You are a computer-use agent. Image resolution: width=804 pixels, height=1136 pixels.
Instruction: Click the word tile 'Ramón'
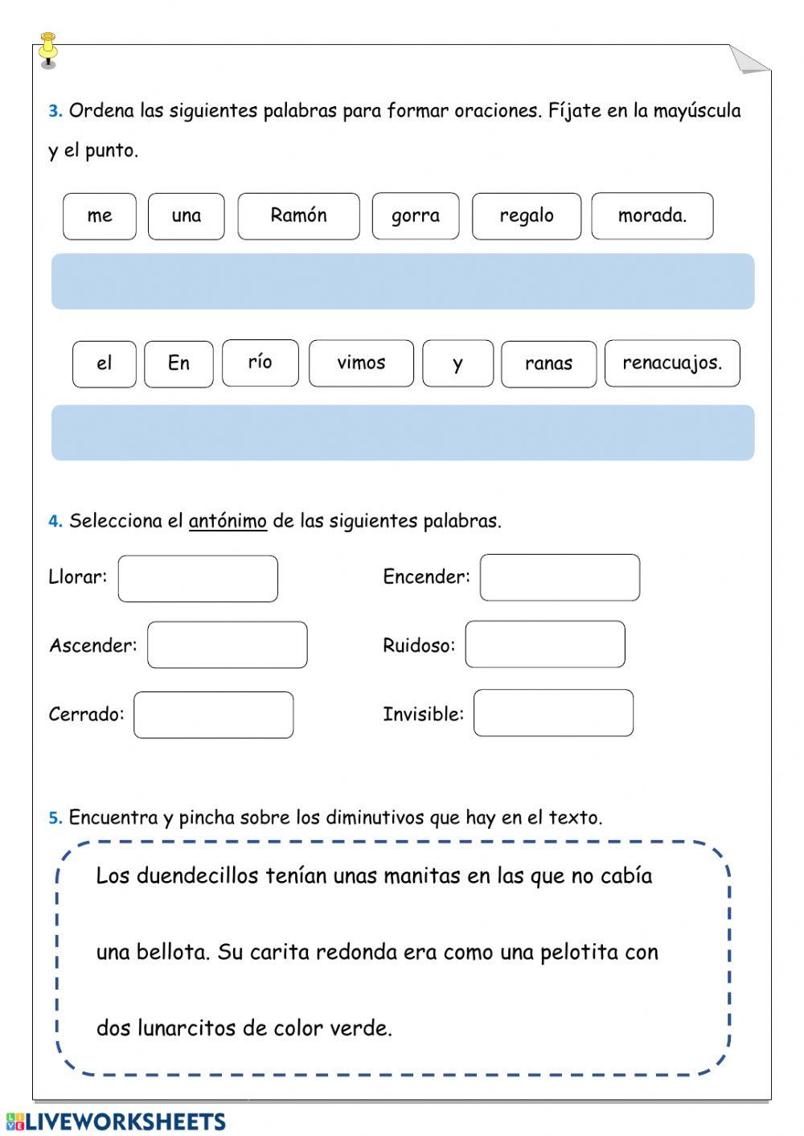pos(298,216)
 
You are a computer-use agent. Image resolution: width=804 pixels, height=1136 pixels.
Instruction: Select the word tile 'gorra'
pos(415,216)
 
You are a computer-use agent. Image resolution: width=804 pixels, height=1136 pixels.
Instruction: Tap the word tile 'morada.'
pos(652,216)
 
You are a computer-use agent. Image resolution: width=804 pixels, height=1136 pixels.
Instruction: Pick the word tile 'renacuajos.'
pos(672,363)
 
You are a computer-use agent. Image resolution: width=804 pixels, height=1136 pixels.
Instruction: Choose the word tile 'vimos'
pos(361,363)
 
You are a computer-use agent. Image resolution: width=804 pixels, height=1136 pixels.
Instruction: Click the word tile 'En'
pos(178,364)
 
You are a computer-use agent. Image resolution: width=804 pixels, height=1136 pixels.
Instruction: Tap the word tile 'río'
pos(260,363)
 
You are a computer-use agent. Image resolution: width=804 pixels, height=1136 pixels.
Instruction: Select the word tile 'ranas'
pos(548,364)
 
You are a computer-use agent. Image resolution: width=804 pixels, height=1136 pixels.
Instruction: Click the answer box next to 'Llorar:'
pos(198,578)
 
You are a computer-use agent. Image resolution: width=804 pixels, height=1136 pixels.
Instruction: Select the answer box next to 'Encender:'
pos(560,577)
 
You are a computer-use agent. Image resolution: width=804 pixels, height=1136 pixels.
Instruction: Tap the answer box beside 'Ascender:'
pos(227,645)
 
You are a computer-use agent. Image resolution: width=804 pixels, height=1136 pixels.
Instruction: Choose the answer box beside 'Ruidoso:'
pos(544,644)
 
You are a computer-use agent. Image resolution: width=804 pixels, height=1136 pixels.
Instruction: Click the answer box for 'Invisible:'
pos(553,713)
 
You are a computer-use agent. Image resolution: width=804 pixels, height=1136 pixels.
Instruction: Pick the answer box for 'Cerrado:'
pos(213,715)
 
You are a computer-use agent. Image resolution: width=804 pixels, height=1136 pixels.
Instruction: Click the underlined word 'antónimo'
pos(228,521)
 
